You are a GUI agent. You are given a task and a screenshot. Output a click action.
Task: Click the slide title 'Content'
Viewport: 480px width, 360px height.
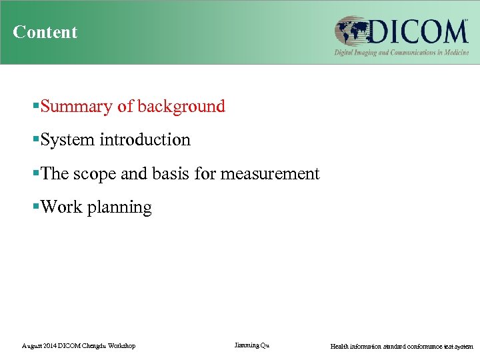(45, 32)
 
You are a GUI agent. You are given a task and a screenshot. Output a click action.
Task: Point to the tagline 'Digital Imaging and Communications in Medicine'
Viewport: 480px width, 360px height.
(401, 52)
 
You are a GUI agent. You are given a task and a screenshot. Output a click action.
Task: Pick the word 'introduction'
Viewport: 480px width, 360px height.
(145, 140)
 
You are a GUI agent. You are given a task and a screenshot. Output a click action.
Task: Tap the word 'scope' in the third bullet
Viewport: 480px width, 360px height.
(92, 174)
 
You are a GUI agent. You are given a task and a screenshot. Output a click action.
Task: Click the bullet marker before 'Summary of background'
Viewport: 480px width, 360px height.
(36, 107)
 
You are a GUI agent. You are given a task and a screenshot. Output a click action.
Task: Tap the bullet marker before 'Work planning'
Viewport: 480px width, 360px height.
(36, 207)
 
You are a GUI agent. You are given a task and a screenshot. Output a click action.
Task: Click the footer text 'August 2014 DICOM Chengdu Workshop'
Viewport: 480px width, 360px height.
(79, 346)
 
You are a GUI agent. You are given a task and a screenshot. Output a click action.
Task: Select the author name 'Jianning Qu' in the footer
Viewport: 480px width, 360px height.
(252, 345)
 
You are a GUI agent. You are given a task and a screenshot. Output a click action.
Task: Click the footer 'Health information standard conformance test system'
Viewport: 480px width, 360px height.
(401, 346)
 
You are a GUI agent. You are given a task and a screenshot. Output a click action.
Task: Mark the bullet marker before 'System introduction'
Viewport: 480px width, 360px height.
(36, 140)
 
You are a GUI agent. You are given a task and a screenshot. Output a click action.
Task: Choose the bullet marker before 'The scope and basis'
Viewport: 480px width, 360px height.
(36, 174)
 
